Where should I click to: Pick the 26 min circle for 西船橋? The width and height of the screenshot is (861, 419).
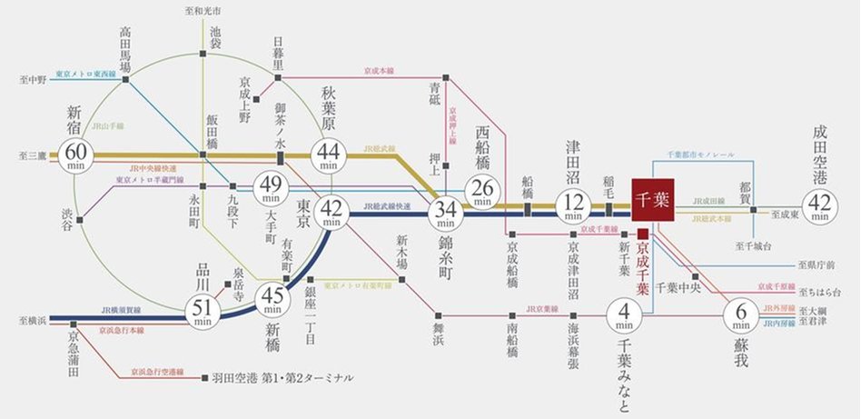tap(482, 190)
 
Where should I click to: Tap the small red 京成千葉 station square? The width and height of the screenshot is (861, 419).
tap(642, 233)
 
